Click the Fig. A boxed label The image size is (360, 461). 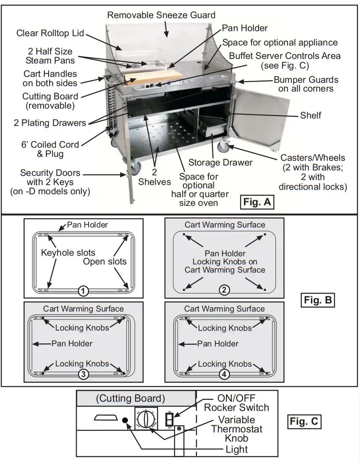pyautogui.click(x=258, y=203)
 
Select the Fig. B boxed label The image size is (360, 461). pyautogui.click(x=318, y=300)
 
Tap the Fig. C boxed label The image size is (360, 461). pyautogui.click(x=304, y=421)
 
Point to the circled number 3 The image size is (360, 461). pyautogui.click(x=83, y=374)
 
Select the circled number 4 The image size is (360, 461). pyautogui.click(x=224, y=374)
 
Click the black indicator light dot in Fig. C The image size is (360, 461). pyautogui.click(x=125, y=420)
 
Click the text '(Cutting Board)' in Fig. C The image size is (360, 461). pyautogui.click(x=130, y=398)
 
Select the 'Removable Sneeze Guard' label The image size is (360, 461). pyautogui.click(x=161, y=15)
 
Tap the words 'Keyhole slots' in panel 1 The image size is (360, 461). pyautogui.click(x=68, y=252)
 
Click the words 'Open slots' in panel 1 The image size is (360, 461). pyautogui.click(x=105, y=261)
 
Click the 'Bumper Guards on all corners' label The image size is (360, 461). pyautogui.click(x=306, y=84)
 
